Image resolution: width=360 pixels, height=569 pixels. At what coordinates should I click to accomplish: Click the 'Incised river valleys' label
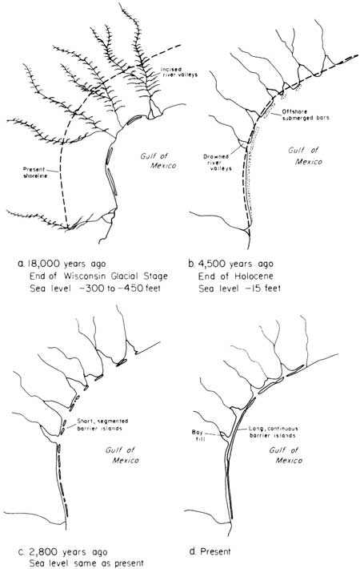pyautogui.click(x=180, y=72)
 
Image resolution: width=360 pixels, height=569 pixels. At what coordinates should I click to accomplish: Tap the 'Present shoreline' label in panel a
pyautogui.click(x=34, y=172)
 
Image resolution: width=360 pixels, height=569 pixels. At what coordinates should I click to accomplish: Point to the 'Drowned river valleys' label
pyautogui.click(x=218, y=163)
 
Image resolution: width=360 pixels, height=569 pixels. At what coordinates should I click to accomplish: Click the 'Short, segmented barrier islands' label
pyautogui.click(x=102, y=425)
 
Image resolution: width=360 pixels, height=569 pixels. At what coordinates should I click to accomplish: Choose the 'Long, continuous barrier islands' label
pyautogui.click(x=273, y=432)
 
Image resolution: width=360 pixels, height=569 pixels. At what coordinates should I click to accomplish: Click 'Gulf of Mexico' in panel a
pyautogui.click(x=158, y=161)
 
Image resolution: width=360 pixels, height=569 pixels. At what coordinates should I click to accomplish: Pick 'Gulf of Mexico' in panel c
pyautogui.click(x=122, y=455)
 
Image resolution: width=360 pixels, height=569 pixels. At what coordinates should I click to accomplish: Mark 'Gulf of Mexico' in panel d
pyautogui.click(x=286, y=455)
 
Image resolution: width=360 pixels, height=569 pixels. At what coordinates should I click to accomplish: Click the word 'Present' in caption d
pyautogui.click(x=215, y=551)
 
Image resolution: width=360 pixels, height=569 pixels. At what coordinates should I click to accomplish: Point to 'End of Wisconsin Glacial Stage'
pyautogui.click(x=98, y=276)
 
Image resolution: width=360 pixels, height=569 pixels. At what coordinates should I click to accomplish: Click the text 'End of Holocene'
pyautogui.click(x=235, y=276)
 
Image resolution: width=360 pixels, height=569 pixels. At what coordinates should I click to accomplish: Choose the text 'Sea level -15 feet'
pyautogui.click(x=239, y=289)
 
